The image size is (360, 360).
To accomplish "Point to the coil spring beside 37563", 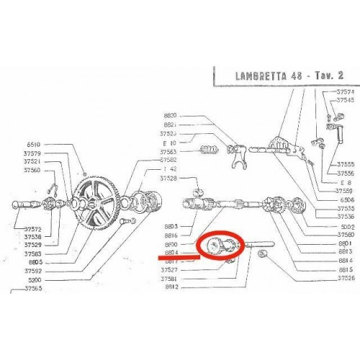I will (x=208, y=153).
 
